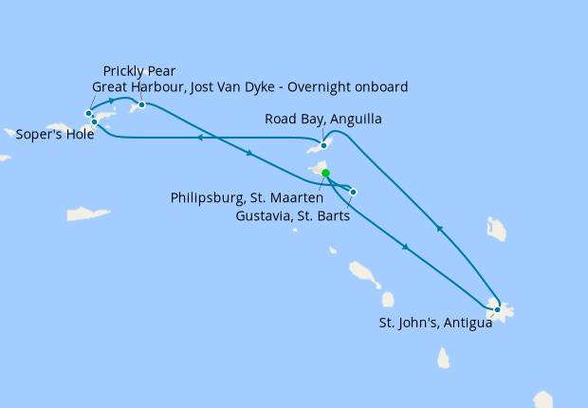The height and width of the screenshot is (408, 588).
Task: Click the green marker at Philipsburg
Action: pos(325,174)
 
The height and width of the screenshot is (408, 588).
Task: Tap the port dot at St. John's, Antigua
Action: pos(497,309)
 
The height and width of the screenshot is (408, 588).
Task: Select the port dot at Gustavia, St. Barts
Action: pos(353,193)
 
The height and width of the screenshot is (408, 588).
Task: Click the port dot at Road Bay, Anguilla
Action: pos(324,146)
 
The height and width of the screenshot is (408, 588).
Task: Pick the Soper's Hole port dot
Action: pos(94,121)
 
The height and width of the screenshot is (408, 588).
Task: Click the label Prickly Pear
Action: pos(139,70)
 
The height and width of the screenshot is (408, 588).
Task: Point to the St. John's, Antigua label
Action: pos(435,324)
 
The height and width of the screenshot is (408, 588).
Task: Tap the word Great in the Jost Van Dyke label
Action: pos(111,86)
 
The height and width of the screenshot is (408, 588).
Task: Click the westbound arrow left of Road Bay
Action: pos(200,139)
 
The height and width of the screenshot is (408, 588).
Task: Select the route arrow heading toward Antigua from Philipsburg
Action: pos(406,247)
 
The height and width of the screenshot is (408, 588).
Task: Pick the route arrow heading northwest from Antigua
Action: pos(439,228)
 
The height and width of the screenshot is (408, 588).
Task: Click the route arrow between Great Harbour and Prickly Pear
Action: pos(112,100)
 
